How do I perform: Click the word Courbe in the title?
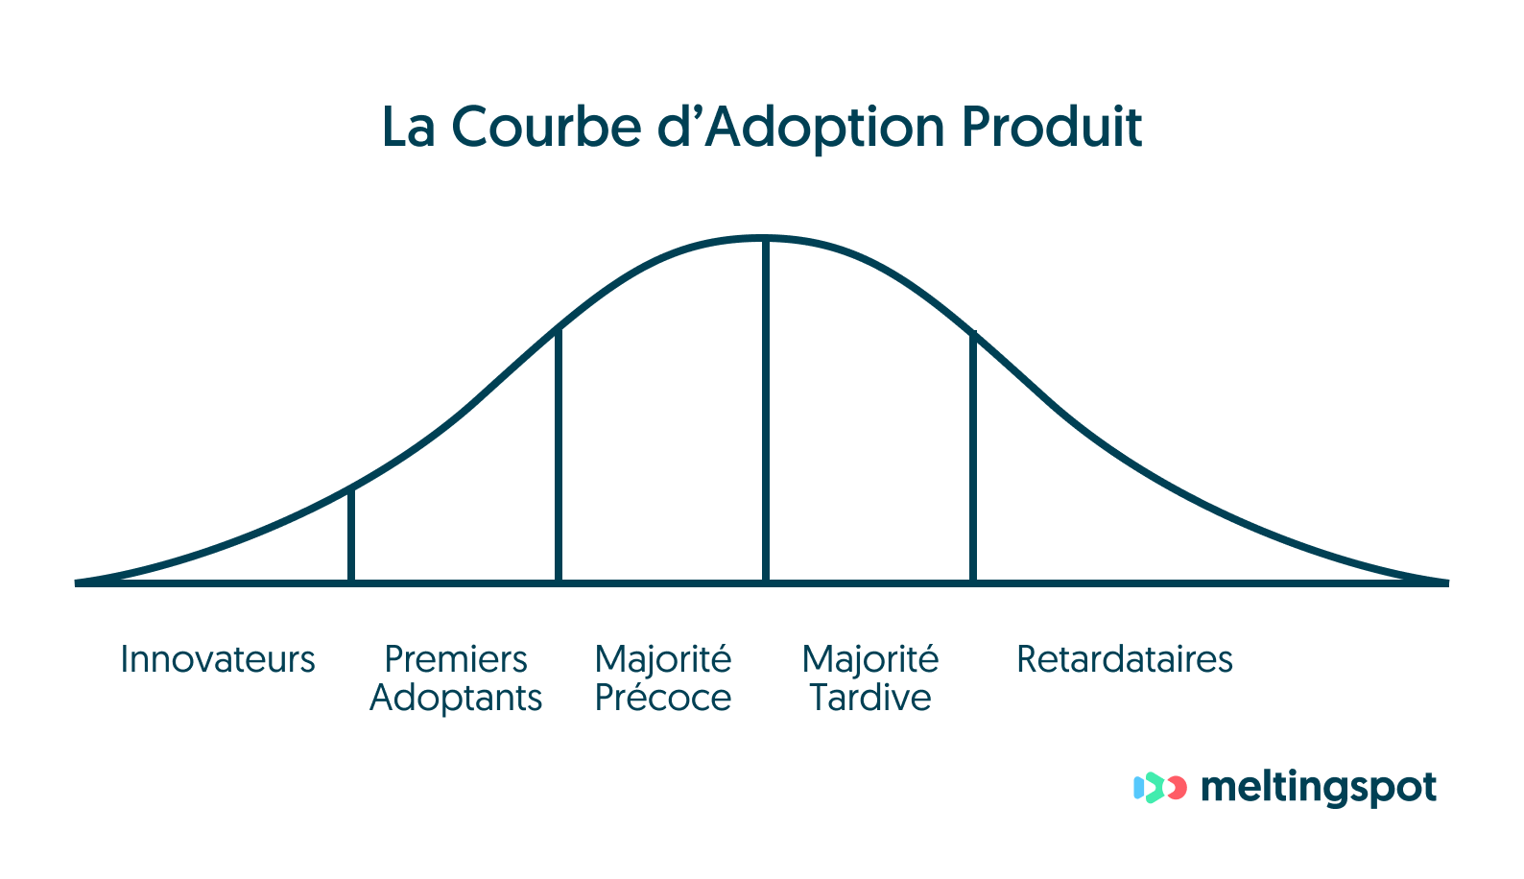545,127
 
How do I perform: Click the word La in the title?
408,129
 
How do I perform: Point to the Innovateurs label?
218,660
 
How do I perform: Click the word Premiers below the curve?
456,660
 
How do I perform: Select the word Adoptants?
456,699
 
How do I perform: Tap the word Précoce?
663,699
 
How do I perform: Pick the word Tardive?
870,699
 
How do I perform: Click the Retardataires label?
1125,660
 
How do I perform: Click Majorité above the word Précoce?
663,660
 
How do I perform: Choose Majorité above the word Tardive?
870,660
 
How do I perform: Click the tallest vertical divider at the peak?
766,413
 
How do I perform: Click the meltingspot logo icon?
1159,788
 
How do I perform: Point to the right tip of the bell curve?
1444,582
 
